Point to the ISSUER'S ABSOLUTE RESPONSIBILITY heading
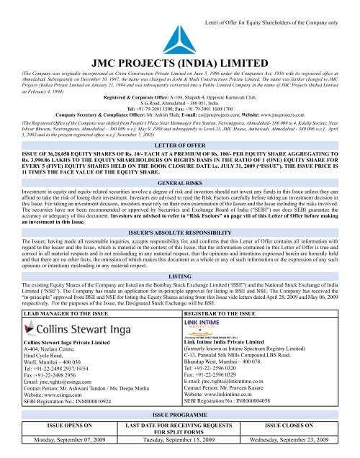179,254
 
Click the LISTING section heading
179,296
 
